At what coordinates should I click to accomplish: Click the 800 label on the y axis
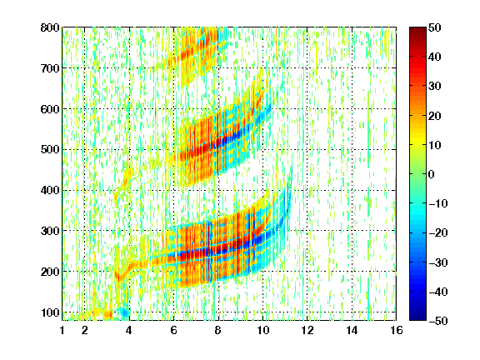tap(50, 27)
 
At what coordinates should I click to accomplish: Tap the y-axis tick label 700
tap(50, 68)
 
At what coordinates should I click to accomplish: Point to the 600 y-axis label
tap(50, 109)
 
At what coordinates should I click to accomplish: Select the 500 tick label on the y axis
tap(50, 150)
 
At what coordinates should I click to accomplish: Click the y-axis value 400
tap(50, 190)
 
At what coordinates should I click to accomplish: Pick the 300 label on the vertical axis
tap(50, 231)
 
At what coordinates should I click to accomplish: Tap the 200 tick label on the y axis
tap(50, 272)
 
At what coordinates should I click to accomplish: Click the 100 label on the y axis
tap(50, 312)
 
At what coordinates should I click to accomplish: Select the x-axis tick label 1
tap(62, 330)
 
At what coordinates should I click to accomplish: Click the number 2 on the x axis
tap(85, 330)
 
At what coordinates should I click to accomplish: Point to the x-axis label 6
tap(174, 330)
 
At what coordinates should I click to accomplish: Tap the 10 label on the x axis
tap(262, 330)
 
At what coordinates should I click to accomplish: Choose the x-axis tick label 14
tap(352, 330)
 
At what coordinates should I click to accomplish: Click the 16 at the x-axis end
tap(396, 330)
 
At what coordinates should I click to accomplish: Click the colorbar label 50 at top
tap(434, 27)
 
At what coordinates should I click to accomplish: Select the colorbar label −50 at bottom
tap(438, 321)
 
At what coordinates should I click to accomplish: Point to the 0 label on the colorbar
tap(432, 174)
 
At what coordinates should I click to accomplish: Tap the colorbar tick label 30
tap(434, 87)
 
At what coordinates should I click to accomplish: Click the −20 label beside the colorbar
tap(438, 233)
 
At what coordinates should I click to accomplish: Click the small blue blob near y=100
tap(125, 312)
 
